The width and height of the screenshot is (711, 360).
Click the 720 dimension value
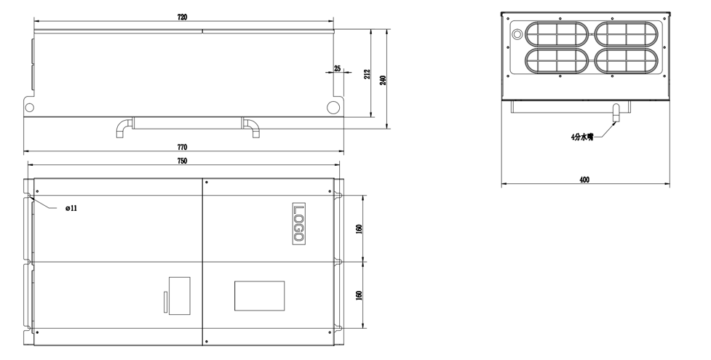coord(182,17)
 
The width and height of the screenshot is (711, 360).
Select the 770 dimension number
coord(182,148)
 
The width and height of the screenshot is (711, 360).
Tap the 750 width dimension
coord(182,161)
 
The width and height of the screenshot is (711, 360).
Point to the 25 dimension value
coord(337,68)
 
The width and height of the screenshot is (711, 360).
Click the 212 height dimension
coord(368,74)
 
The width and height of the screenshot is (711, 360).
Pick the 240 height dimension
coord(383,81)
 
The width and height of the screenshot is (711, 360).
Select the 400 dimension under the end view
coord(584,180)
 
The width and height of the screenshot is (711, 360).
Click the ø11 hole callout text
coord(71,208)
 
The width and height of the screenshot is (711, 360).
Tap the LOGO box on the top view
coord(299,223)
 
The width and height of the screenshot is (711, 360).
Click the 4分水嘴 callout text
coord(582,137)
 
